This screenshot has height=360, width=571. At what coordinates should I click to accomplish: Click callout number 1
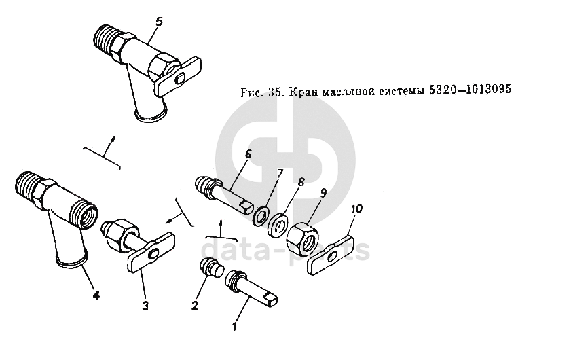[x=234, y=326]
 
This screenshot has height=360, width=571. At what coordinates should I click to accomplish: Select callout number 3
[x=145, y=305]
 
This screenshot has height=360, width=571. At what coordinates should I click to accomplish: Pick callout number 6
[x=248, y=154]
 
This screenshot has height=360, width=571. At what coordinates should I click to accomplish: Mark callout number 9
[x=323, y=192]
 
